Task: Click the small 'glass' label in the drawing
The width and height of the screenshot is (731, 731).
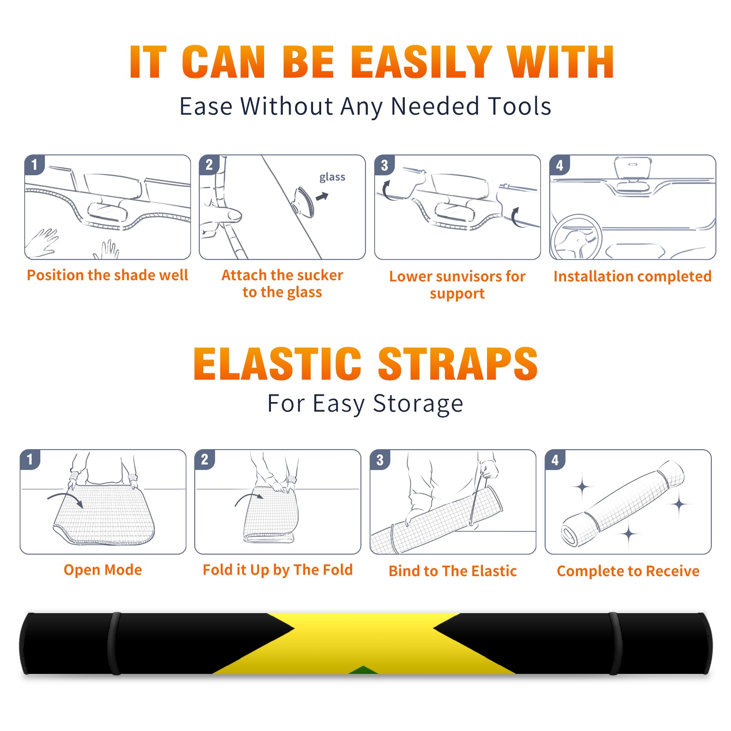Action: [332, 177]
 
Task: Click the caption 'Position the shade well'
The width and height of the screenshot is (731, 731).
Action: [107, 275]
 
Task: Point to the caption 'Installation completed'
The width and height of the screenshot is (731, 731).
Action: [632, 276]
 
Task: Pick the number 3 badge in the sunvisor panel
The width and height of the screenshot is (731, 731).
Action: [385, 165]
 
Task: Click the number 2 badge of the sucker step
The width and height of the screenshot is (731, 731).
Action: [209, 164]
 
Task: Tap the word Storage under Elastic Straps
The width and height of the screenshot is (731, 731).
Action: [418, 404]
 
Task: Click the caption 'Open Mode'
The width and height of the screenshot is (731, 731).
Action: [103, 570]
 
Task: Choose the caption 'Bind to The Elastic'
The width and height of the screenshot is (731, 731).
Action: [452, 571]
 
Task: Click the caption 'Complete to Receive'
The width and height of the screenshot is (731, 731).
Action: [628, 571]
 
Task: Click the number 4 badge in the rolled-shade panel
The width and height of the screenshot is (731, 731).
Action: [555, 460]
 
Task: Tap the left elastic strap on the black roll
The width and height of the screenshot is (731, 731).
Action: [114, 643]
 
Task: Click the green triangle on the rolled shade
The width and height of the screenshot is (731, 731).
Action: [363, 670]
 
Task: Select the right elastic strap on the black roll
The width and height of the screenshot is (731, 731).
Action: [615, 643]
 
